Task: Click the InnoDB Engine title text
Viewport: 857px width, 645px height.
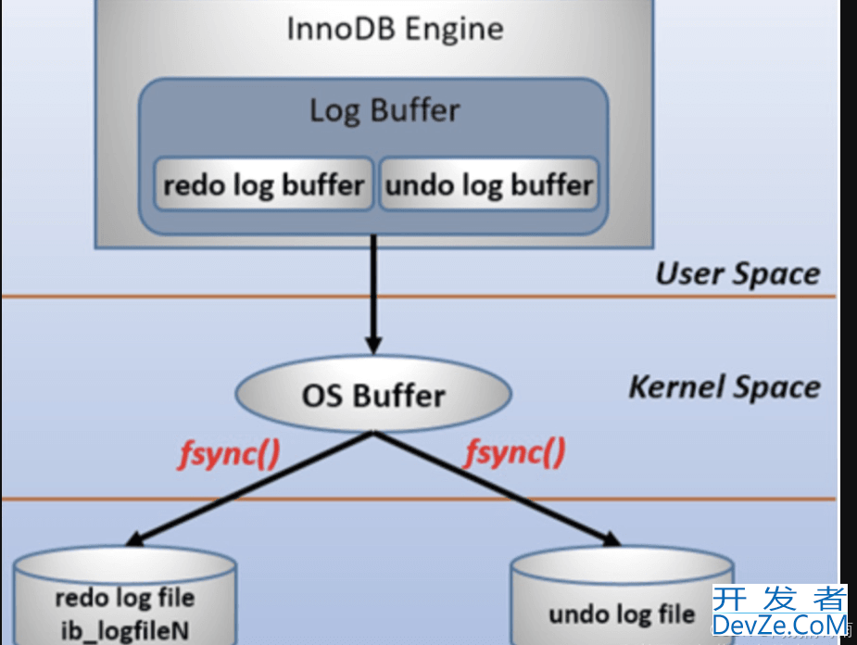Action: [395, 29]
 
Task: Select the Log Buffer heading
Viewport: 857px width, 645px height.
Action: [384, 110]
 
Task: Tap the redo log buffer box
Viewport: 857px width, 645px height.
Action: [263, 185]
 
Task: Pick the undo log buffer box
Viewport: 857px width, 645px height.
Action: [488, 185]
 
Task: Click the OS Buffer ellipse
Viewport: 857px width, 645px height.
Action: [373, 396]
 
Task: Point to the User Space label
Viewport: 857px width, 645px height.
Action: [737, 273]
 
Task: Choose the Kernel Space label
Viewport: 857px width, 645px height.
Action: [725, 386]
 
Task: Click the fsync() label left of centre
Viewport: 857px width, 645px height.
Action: [228, 453]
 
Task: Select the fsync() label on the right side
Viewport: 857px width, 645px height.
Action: [515, 453]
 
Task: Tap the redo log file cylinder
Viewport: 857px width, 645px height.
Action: [126, 598]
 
